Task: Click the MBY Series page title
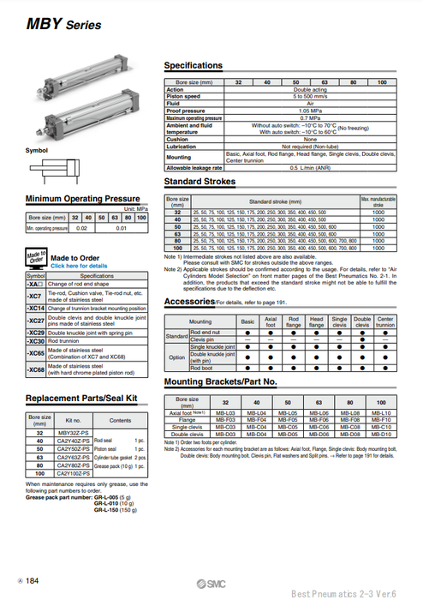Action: tap(53, 25)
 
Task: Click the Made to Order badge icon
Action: tap(36, 261)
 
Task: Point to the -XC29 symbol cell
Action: tap(36, 332)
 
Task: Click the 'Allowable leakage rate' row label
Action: tap(194, 167)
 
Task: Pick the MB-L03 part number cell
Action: tap(224, 413)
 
